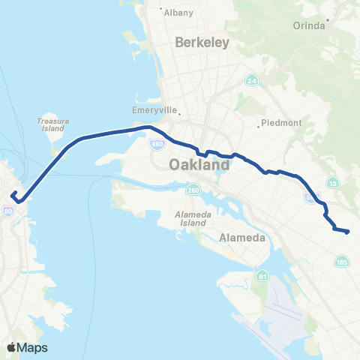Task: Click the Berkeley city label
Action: point(202,43)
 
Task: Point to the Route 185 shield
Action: point(342,262)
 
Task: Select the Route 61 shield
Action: point(262,277)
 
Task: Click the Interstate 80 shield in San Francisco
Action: point(7,211)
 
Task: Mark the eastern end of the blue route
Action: point(348,232)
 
